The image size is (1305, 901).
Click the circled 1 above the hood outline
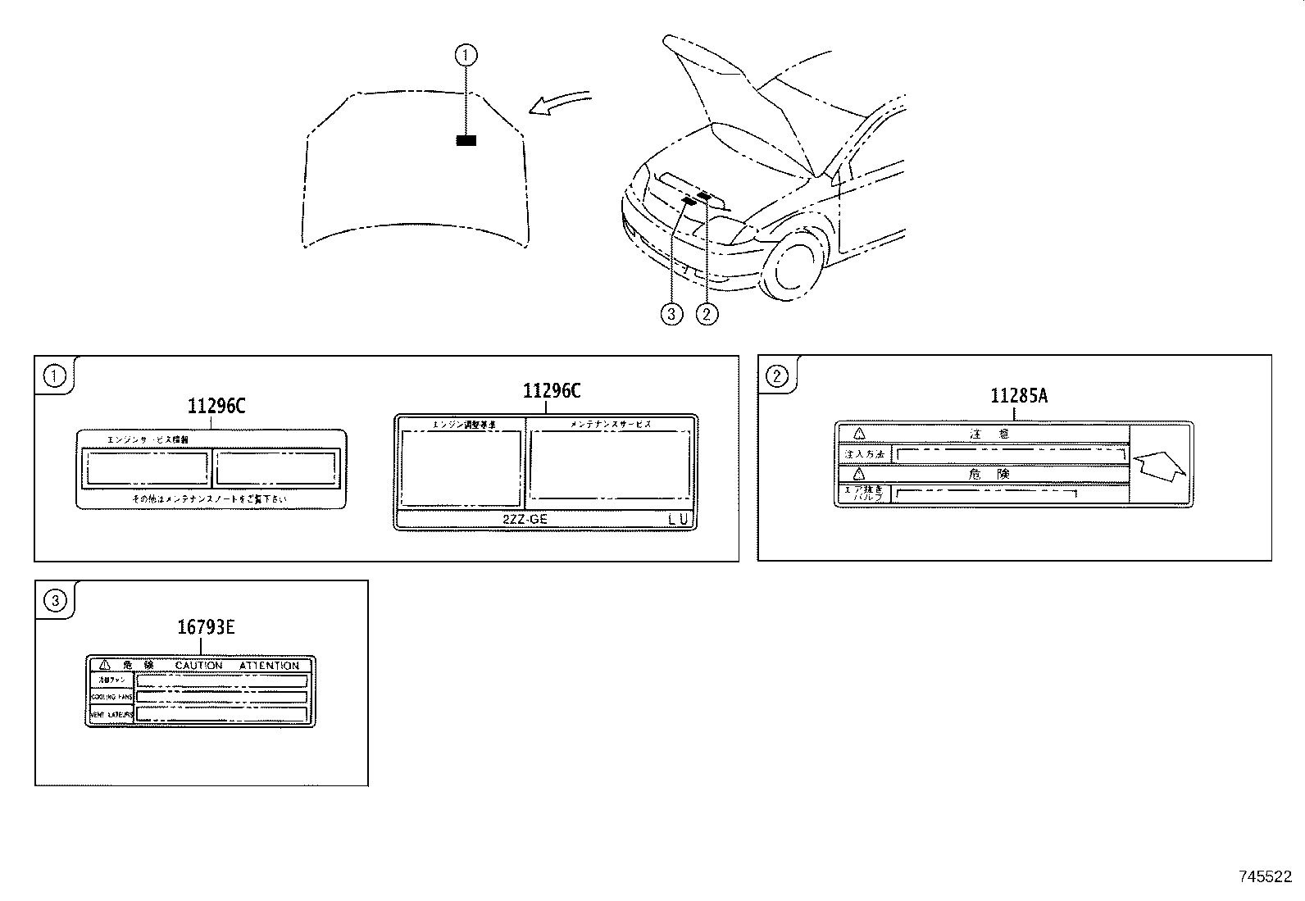[466, 55]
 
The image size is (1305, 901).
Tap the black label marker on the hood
[466, 140]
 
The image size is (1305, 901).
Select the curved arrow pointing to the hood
[557, 102]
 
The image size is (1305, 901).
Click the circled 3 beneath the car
[671, 313]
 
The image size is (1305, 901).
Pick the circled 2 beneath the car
[707, 313]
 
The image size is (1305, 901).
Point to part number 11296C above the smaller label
[216, 406]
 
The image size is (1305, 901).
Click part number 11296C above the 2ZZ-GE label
[552, 391]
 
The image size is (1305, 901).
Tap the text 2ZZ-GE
[525, 519]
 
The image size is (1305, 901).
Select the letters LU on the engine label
[679, 519]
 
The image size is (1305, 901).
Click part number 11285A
[1019, 397]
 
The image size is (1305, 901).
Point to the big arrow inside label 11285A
[1157, 466]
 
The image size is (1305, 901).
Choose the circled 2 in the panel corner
[775, 375]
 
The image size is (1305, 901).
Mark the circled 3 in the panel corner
[55, 601]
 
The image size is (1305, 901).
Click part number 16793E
[206, 627]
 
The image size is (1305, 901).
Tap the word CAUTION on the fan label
[198, 665]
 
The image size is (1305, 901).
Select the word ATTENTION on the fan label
[269, 665]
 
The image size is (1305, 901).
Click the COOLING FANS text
[111, 697]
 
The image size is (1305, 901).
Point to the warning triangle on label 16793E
[104, 665]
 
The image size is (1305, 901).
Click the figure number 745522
[1264, 876]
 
